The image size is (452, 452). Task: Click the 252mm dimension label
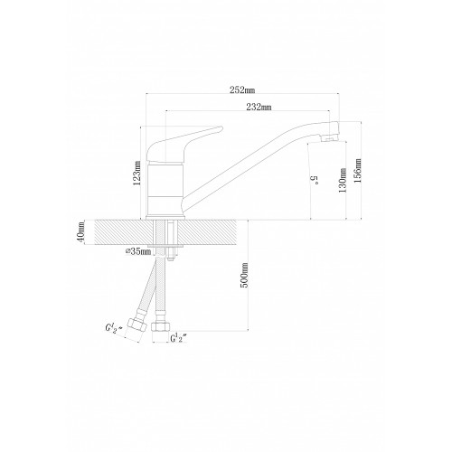[x=242, y=89]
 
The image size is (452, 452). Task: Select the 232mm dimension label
[x=259, y=107]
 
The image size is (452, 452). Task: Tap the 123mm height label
[x=137, y=173]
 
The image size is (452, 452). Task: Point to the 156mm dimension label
[x=358, y=171]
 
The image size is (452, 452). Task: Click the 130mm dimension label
[x=343, y=181]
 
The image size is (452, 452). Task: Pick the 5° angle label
[x=315, y=180]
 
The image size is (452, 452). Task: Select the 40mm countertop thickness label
[x=80, y=232]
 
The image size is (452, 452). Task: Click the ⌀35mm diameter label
[x=138, y=251]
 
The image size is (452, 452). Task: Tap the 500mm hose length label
[x=244, y=275]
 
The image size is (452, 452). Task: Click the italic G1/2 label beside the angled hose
[x=114, y=328]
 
